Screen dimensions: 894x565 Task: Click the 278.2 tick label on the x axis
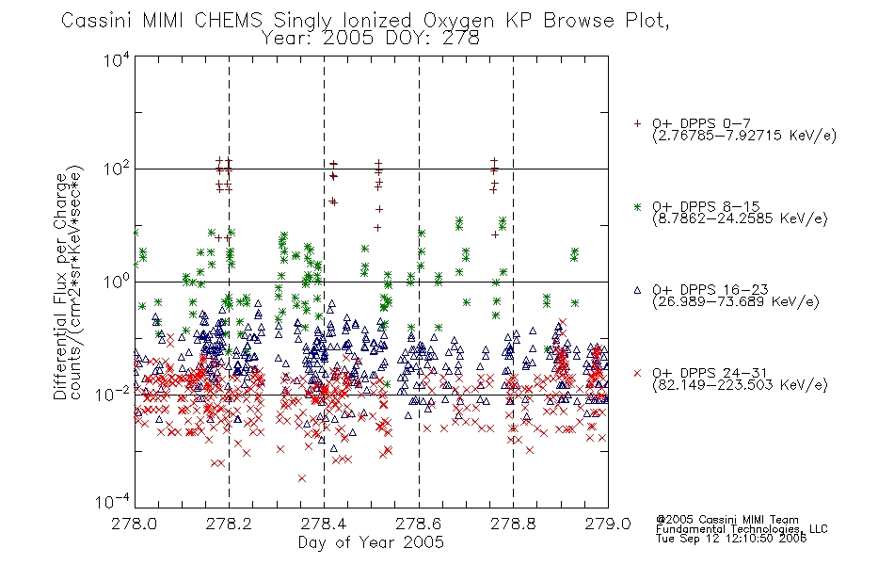click(229, 524)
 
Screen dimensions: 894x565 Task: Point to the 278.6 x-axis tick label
click(419, 524)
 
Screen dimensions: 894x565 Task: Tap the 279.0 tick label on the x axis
click(608, 524)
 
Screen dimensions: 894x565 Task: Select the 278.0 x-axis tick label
click(134, 524)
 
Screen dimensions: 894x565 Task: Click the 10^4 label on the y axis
click(117, 59)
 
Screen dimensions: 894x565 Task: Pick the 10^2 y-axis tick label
click(117, 169)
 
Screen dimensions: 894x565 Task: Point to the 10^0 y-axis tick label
click(117, 282)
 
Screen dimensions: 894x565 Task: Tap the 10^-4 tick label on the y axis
click(113, 501)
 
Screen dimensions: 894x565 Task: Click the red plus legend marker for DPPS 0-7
click(637, 123)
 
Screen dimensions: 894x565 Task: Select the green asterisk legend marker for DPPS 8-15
click(637, 207)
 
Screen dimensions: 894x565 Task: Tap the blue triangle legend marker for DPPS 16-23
click(637, 290)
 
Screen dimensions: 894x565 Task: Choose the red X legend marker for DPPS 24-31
click(637, 373)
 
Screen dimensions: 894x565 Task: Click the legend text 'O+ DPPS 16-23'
click(710, 290)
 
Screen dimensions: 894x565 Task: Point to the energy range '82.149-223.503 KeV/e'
click(740, 385)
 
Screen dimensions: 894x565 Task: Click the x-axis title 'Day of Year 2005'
click(371, 542)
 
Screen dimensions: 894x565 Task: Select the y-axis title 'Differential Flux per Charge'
click(60, 286)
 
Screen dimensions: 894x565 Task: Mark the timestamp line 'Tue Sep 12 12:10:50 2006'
click(731, 539)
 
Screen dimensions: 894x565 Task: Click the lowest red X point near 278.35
click(302, 478)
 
